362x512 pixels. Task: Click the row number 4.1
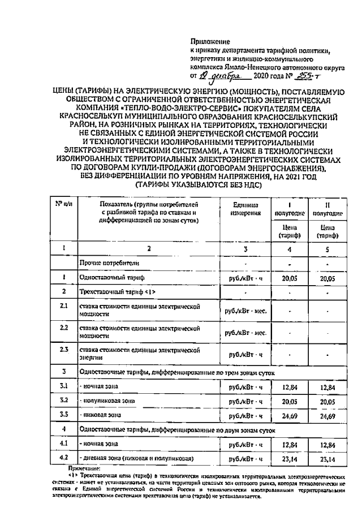[x=64, y=444]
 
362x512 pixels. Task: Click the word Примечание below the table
[x=83, y=468]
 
